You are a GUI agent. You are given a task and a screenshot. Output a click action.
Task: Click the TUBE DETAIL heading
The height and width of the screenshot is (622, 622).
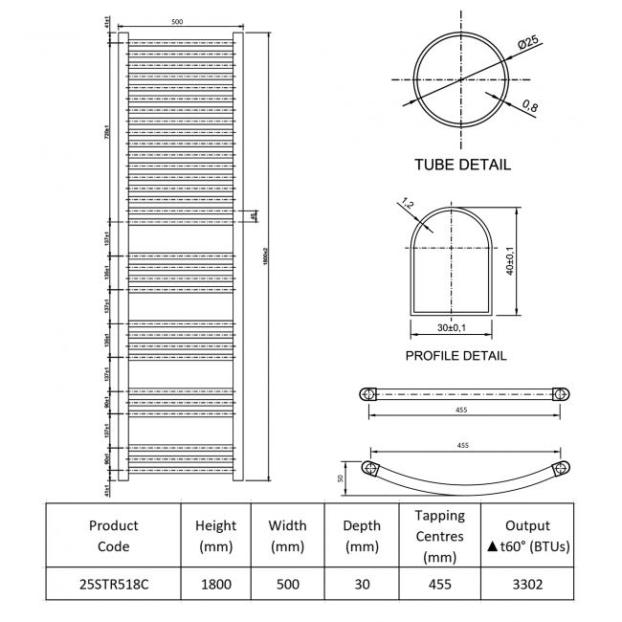point(462,165)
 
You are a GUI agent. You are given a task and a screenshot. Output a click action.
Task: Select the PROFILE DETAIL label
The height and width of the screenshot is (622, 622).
point(455,356)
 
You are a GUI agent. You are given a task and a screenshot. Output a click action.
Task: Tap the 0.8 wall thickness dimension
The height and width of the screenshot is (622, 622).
point(529,107)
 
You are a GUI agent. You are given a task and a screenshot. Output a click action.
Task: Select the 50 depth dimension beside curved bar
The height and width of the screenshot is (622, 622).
point(339,478)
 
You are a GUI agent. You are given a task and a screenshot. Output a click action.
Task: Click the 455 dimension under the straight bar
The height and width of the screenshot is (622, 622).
point(462,411)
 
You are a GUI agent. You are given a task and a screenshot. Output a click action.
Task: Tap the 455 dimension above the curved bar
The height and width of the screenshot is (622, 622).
point(462,446)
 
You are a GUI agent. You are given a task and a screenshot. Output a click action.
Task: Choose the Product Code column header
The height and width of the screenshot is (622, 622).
point(113,536)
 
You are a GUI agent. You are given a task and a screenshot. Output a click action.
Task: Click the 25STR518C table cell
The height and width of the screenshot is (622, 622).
point(113,584)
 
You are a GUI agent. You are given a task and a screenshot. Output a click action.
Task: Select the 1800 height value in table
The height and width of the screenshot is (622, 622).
point(215,584)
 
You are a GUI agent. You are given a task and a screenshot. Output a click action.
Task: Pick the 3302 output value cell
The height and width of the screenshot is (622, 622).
point(527,584)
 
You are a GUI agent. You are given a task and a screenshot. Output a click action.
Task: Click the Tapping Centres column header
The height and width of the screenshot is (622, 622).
point(440,536)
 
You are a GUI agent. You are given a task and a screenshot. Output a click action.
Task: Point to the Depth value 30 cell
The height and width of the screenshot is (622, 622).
point(361,584)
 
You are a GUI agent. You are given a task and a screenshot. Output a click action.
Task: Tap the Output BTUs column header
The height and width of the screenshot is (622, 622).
point(527,536)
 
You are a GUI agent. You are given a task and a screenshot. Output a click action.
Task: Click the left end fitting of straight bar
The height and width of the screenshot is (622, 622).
point(367,393)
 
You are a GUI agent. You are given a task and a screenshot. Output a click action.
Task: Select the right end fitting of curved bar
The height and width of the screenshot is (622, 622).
point(562,467)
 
